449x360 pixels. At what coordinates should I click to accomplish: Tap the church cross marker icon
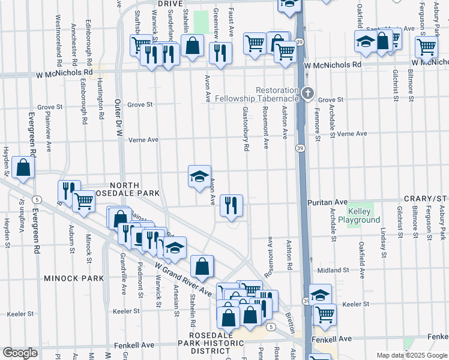308,93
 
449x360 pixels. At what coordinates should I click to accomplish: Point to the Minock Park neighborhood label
74,278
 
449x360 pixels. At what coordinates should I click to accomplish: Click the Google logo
20,353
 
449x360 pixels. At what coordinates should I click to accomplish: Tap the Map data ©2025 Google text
412,355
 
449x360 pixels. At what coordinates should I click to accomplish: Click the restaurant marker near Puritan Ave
231,205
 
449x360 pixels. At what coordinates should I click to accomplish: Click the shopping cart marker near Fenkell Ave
325,314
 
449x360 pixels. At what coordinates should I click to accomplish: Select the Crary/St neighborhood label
428,198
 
